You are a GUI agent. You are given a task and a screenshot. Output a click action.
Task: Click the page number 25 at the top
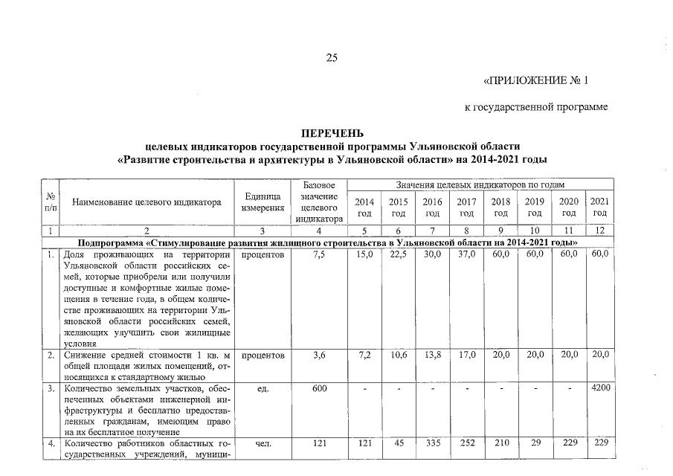(x=332, y=59)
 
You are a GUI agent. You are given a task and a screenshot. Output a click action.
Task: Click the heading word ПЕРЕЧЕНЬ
(x=332, y=134)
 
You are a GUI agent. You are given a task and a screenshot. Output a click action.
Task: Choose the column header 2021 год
(x=600, y=208)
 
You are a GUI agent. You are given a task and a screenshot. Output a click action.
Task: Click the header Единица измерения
(x=263, y=202)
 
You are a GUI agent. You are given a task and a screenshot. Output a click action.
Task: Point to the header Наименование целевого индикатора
(x=147, y=202)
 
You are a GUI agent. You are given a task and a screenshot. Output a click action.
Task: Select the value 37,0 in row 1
(x=466, y=255)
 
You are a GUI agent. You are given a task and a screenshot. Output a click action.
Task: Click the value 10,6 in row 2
(x=398, y=356)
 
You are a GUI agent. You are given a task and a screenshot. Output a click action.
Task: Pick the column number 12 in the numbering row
(x=599, y=231)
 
